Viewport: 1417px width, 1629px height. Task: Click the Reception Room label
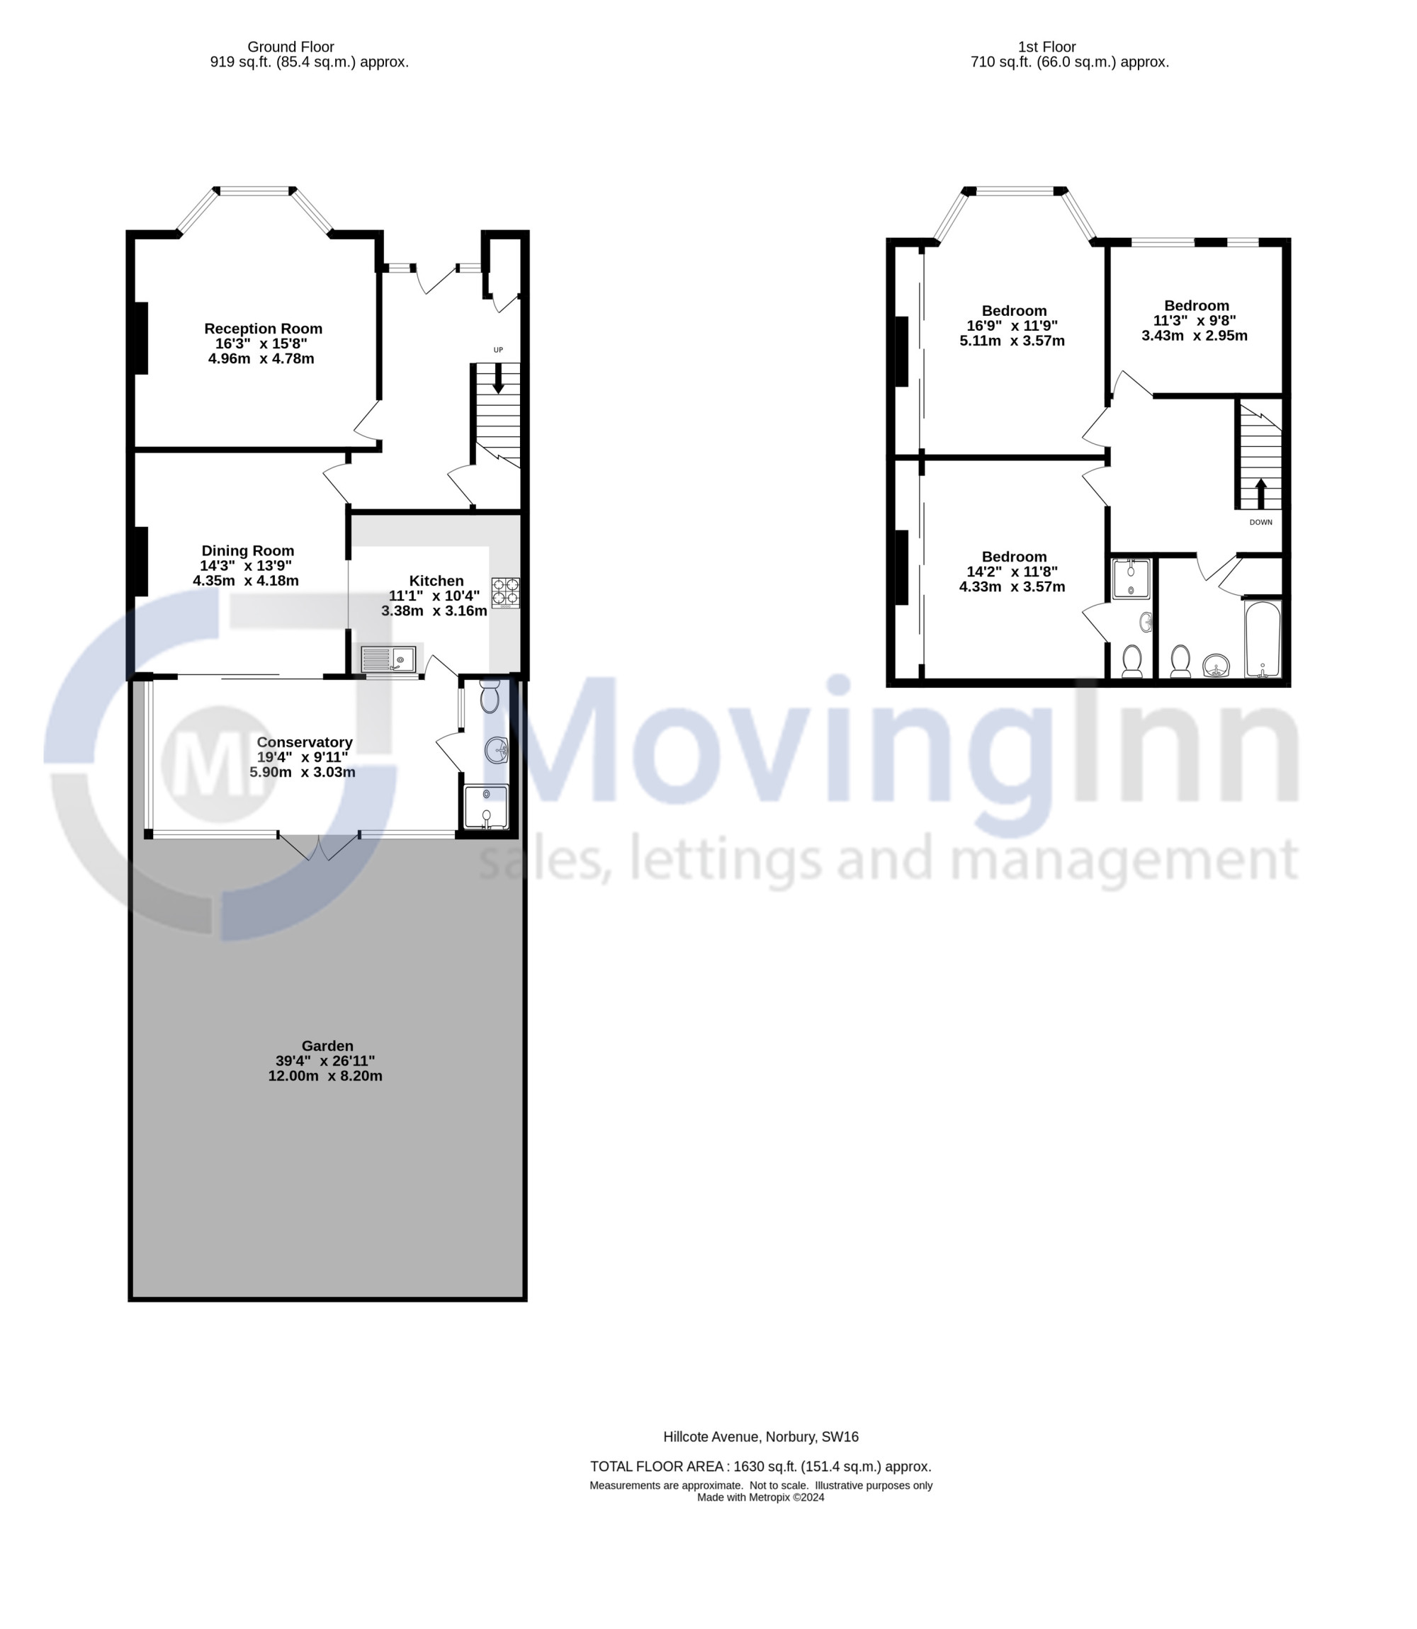point(264,329)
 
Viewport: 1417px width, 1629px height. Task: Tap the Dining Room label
point(247,551)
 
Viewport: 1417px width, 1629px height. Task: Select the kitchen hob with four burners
point(506,593)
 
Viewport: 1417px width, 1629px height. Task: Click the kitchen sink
point(388,659)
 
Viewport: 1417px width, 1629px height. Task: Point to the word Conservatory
point(305,742)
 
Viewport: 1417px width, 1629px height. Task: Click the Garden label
point(327,1045)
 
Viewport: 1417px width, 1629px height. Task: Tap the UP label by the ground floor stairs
point(498,350)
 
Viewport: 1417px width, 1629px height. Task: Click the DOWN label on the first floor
point(1261,523)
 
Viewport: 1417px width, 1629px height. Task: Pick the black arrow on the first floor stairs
point(1261,494)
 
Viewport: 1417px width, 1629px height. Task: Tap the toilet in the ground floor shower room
point(490,696)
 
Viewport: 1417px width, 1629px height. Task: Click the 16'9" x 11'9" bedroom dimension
point(1012,326)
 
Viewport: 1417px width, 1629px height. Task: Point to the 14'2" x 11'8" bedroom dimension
point(1012,572)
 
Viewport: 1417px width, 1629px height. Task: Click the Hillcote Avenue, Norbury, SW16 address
point(761,1437)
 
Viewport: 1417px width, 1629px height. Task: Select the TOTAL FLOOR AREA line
point(761,1466)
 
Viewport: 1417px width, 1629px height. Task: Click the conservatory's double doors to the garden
point(320,846)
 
